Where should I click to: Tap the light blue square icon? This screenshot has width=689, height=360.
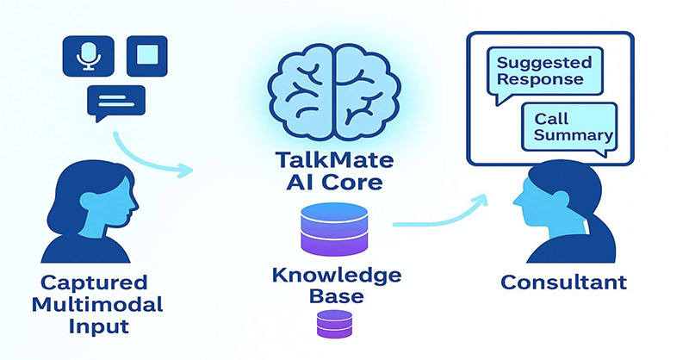point(147,56)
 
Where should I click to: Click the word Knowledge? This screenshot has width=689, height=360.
point(332,276)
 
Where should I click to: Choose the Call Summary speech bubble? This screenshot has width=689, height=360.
point(571,127)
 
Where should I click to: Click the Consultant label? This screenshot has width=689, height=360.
point(565,282)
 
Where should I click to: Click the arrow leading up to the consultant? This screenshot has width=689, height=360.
point(439,215)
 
